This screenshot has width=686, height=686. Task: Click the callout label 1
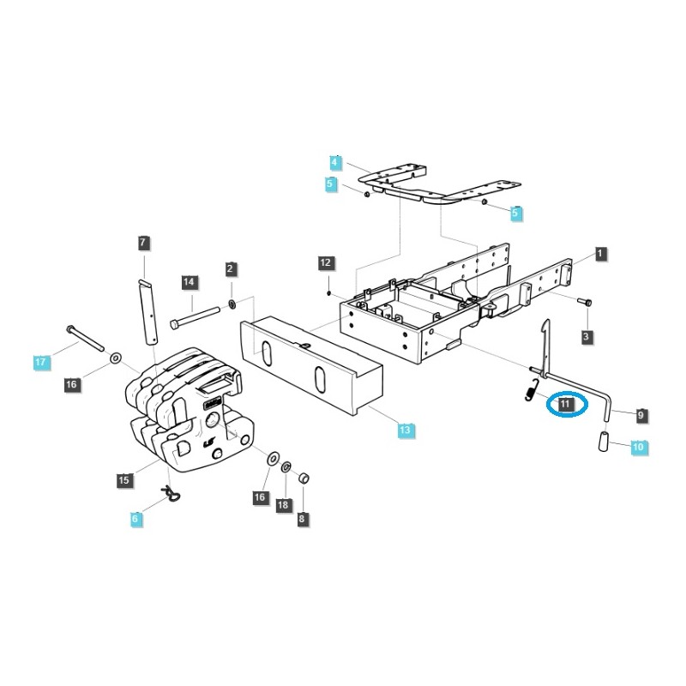click(600, 254)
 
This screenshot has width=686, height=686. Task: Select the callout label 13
click(406, 430)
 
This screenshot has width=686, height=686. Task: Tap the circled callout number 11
click(565, 403)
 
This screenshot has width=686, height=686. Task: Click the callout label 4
click(335, 162)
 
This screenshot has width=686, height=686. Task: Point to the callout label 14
click(190, 282)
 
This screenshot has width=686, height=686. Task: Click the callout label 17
click(40, 363)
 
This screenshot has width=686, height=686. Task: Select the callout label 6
click(135, 519)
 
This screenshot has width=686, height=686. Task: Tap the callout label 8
click(302, 519)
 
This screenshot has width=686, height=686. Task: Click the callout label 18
click(283, 507)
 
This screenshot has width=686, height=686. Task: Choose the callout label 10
click(637, 447)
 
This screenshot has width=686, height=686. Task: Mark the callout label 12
click(325, 262)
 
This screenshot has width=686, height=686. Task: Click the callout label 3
click(587, 337)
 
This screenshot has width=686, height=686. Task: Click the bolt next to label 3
click(584, 302)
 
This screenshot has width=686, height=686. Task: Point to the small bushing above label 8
click(303, 478)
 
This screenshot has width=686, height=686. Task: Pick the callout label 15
click(124, 481)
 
